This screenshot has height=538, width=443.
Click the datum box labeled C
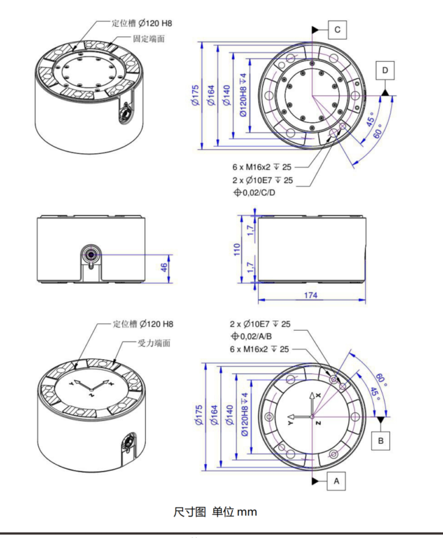[337, 29]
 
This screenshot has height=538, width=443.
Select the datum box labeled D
[385, 70]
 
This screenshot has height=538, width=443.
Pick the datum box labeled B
[380, 440]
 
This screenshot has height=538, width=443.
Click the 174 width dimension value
[310, 295]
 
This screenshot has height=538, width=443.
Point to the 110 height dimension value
[237, 249]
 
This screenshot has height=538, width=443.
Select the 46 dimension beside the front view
[163, 267]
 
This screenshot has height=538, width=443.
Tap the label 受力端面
[154, 343]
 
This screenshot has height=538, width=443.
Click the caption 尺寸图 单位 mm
[215, 512]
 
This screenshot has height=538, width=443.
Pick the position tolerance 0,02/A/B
[259, 336]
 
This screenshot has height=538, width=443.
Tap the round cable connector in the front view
[90, 254]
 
